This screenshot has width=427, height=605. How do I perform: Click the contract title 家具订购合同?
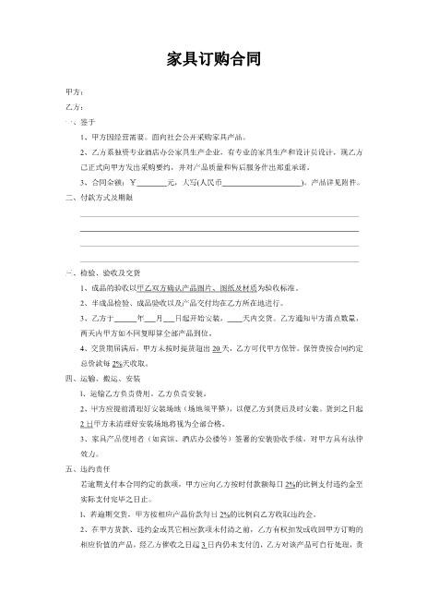[x=213, y=60]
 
